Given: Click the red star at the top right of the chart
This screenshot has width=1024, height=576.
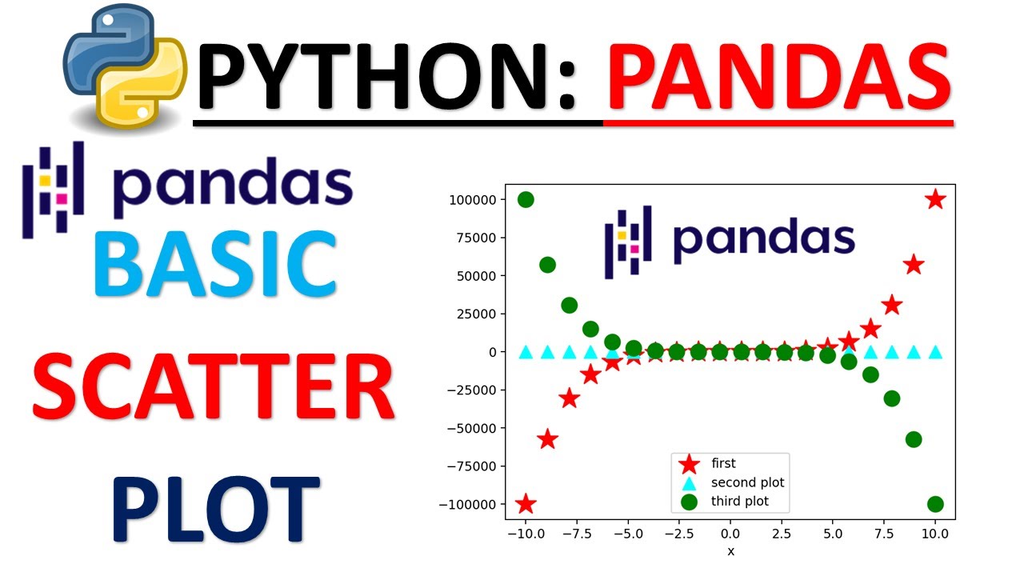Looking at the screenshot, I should [x=935, y=200].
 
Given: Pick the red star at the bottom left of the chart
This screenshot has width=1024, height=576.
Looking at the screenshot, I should [x=525, y=504].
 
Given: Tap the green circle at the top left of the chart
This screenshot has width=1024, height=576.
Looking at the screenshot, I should [x=526, y=200].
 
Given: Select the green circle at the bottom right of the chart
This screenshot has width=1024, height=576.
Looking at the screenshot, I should [x=935, y=504].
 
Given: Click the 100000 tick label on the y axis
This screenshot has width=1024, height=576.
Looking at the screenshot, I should [x=473, y=200].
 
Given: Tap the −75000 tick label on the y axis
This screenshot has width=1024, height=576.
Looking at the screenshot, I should [x=470, y=466].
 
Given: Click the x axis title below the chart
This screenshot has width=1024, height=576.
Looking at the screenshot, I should [x=730, y=551].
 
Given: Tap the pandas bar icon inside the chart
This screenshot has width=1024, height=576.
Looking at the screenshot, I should [x=628, y=242].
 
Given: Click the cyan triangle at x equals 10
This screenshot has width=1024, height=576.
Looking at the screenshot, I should [x=935, y=351].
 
